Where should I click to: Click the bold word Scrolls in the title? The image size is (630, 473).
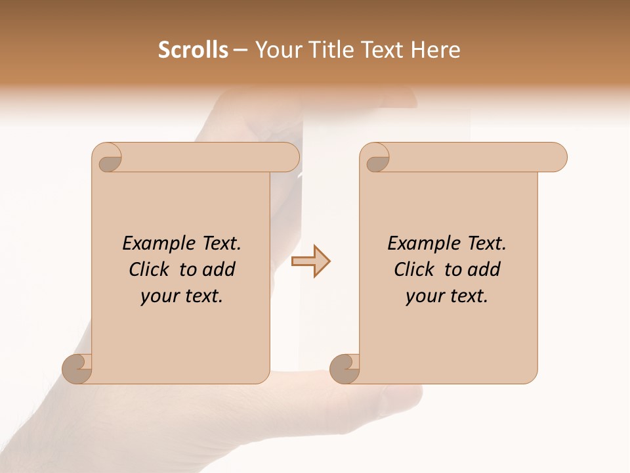pos(194,50)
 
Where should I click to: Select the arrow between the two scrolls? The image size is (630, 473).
pos(311,261)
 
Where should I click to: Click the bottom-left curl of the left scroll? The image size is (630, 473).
pos(77,368)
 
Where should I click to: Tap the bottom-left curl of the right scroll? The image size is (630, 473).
pos(345,368)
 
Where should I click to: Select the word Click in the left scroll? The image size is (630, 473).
pos(150,269)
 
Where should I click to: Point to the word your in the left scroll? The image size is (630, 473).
pos(157,296)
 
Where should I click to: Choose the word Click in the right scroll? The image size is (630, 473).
pos(415,269)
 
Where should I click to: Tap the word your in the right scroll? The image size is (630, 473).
pos(423,296)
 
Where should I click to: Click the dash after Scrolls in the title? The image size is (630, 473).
pos(240,50)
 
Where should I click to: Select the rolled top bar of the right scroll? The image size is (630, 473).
pos(472,157)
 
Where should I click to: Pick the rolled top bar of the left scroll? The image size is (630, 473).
pos(207,157)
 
